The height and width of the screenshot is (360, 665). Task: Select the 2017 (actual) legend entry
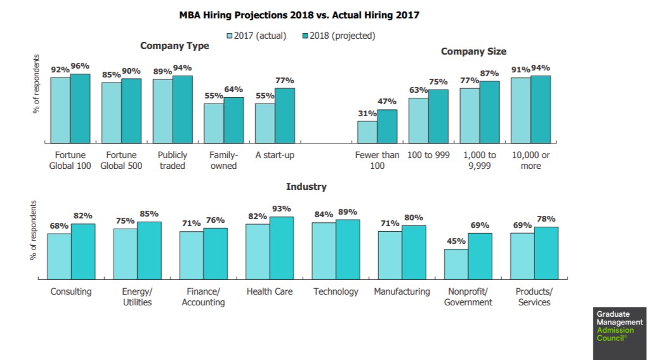pyautogui.click(x=256, y=36)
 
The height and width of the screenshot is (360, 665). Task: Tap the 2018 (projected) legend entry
pyautogui.click(x=338, y=36)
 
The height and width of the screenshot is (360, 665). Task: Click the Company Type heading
pyautogui.click(x=174, y=46)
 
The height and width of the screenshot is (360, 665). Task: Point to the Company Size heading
pyautogui.click(x=473, y=51)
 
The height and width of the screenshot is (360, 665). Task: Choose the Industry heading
pyautogui.click(x=306, y=187)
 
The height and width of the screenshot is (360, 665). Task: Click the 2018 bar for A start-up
pyautogui.click(x=285, y=116)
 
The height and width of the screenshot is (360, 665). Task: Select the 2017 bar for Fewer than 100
pyautogui.click(x=367, y=131)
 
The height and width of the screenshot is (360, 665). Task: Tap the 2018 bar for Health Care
pyautogui.click(x=282, y=248)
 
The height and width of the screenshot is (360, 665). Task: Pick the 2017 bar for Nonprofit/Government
pyautogui.click(x=456, y=263)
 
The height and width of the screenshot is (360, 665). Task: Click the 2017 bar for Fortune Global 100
pyautogui.click(x=60, y=110)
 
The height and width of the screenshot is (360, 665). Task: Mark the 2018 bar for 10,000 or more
pyautogui.click(x=541, y=109)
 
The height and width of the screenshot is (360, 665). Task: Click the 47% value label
pyautogui.click(x=387, y=102)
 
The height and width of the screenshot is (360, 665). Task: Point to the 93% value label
pyautogui.click(x=282, y=209)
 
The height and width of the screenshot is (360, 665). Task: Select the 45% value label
pyautogui.click(x=456, y=241)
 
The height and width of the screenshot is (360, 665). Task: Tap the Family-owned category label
pyautogui.click(x=223, y=160)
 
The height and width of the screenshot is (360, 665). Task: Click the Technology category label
pyautogui.click(x=336, y=291)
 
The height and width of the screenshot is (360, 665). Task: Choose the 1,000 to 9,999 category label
pyautogui.click(x=480, y=160)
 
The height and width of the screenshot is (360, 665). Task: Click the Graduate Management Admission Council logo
pyautogui.click(x=620, y=326)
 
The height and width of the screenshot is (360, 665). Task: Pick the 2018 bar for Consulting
pyautogui.click(x=83, y=251)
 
